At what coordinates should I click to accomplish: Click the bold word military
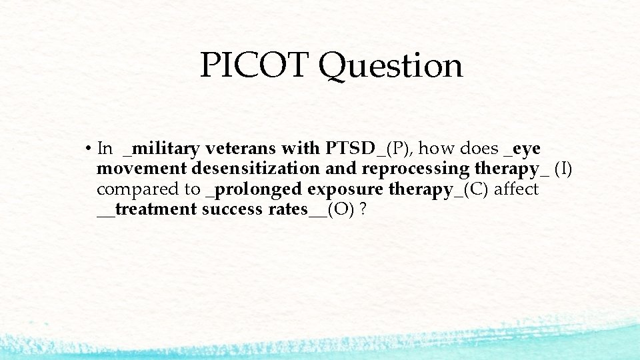tap(164, 149)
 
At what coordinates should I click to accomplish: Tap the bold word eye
tap(527, 149)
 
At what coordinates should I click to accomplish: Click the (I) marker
tap(563, 169)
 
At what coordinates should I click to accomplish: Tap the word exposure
tap(346, 190)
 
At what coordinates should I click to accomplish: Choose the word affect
tap(516, 189)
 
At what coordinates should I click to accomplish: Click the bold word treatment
tap(155, 209)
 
